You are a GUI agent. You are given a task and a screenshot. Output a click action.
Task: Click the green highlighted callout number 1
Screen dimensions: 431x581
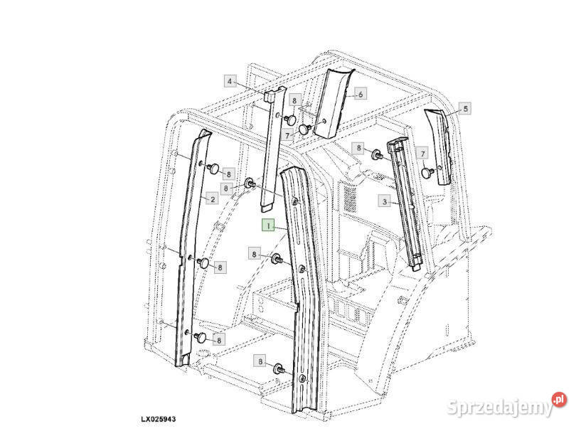pyautogui.click(x=267, y=225)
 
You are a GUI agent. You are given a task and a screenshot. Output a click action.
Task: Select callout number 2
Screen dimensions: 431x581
pyautogui.click(x=211, y=199)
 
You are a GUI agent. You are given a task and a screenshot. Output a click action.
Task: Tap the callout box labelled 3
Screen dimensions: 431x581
pyautogui.click(x=385, y=201)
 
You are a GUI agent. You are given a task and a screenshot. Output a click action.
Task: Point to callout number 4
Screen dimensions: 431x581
pyautogui.click(x=230, y=81)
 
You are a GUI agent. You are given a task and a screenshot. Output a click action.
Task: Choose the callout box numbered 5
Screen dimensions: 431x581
pyautogui.click(x=466, y=109)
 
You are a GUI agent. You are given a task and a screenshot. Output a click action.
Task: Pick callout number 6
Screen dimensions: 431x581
pyautogui.click(x=360, y=94)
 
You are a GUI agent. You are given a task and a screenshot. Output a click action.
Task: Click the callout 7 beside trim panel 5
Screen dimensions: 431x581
pyautogui.click(x=422, y=154)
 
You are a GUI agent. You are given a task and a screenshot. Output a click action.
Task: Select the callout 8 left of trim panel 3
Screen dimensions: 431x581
pyautogui.click(x=360, y=148)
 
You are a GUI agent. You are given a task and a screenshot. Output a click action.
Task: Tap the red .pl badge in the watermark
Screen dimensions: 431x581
pyautogui.click(x=560, y=400)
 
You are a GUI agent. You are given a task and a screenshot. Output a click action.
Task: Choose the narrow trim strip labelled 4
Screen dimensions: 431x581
pyautogui.click(x=271, y=149)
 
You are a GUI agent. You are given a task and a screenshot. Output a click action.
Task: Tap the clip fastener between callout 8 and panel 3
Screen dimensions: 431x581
pyautogui.click(x=376, y=154)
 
